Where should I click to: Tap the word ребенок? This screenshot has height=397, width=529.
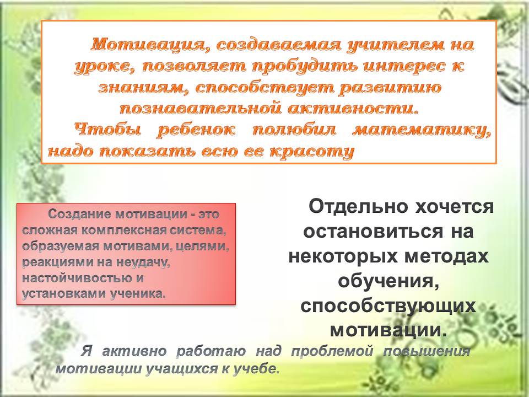196,130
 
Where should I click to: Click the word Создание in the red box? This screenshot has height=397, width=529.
79,214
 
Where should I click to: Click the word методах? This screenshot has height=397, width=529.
446,256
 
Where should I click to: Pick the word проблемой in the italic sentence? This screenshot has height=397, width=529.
332,351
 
